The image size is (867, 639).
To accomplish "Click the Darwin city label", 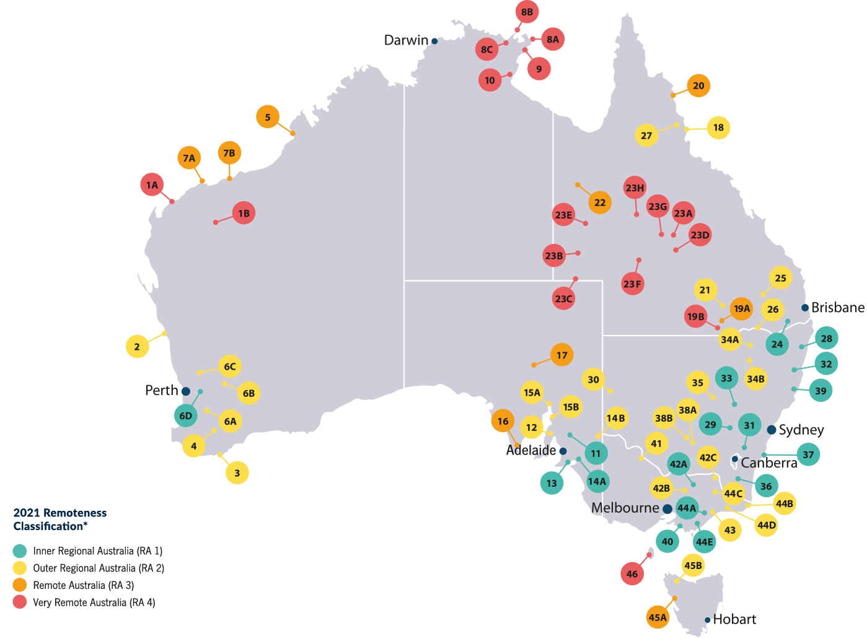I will click(406, 40).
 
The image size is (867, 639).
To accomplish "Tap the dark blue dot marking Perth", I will click(185, 391).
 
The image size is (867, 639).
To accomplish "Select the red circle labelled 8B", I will click(527, 12).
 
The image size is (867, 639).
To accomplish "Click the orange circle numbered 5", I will click(268, 117).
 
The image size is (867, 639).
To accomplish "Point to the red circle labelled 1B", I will click(244, 213).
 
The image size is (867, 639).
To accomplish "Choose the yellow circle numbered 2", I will click(137, 347).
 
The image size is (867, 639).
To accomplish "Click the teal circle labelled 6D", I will click(185, 415).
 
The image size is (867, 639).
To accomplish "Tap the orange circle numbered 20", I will click(698, 86).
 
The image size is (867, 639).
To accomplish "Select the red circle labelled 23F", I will click(633, 284).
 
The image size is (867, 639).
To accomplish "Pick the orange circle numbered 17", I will click(561, 355).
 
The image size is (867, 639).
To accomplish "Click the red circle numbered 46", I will click(632, 574).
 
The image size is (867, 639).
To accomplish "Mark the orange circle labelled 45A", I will click(658, 617).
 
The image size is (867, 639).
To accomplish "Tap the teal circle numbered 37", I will click(808, 454).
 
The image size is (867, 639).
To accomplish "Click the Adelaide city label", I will click(530, 450).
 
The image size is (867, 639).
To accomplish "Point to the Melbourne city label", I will click(625, 508).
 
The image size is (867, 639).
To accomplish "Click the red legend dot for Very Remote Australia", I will click(20, 602).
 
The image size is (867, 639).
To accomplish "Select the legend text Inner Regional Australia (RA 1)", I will click(97, 550).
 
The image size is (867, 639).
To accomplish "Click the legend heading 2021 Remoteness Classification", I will click(59, 519).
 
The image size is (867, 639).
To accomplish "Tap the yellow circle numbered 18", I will click(718, 128).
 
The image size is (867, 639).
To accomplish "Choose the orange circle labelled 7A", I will click(189, 158).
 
